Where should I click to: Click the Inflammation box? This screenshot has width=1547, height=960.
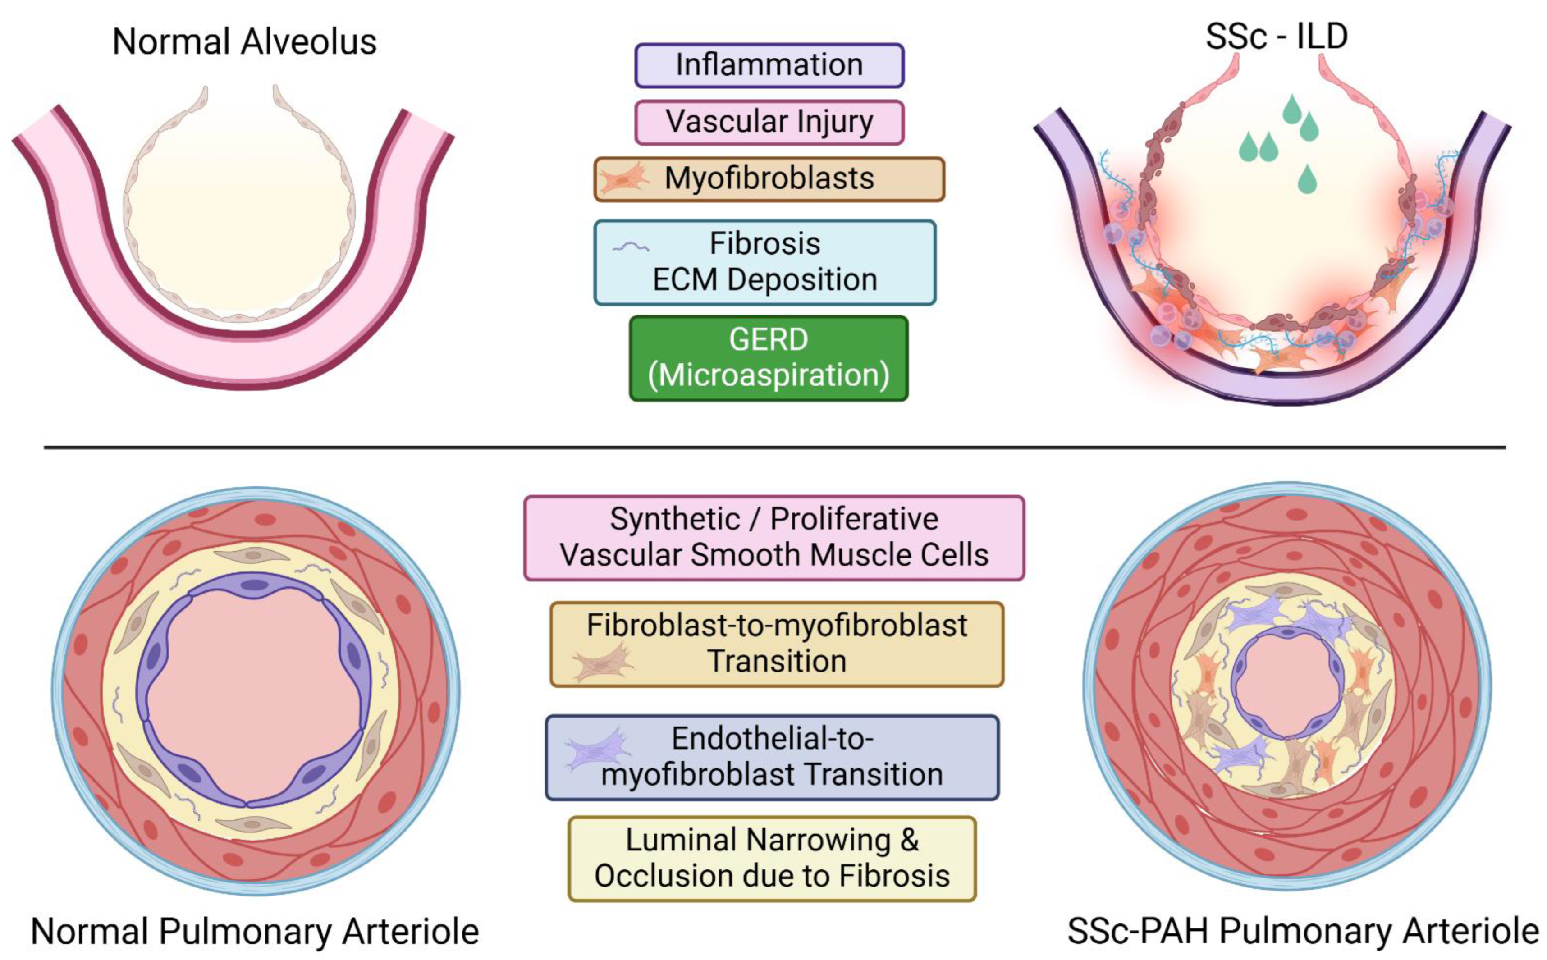coord(769,65)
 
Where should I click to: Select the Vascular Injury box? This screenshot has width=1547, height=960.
coord(769,122)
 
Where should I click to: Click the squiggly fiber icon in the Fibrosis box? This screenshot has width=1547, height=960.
coord(630,247)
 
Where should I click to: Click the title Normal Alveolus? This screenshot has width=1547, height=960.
coord(244,42)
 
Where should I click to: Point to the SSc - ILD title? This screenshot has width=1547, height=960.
coord(1277,36)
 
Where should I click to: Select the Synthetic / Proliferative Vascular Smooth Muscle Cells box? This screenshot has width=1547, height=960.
coord(774,537)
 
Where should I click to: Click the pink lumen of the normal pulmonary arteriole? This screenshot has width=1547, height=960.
coord(254,692)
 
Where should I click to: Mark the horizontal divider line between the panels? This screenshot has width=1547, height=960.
coord(774,448)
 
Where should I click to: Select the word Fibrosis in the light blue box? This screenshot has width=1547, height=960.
coord(764,244)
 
